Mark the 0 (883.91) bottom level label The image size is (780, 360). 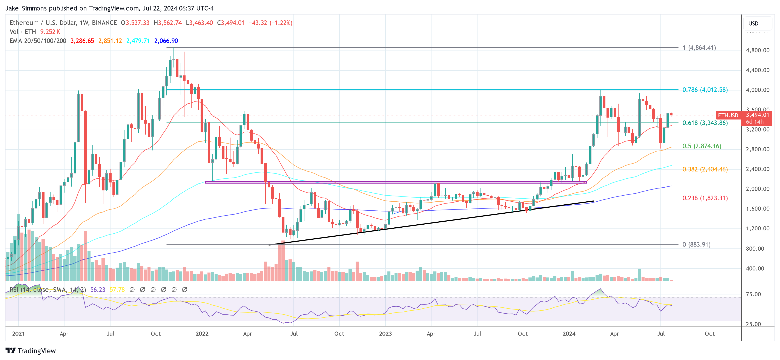click(x=696, y=244)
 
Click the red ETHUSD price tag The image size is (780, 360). click(x=728, y=115)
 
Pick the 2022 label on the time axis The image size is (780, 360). click(x=202, y=334)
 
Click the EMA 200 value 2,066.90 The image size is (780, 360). click(x=166, y=41)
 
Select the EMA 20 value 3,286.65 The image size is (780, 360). click(x=82, y=41)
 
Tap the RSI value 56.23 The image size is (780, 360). click(x=98, y=290)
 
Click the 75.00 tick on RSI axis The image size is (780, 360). click(x=753, y=294)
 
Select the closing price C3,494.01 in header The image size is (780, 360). click(x=230, y=23)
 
